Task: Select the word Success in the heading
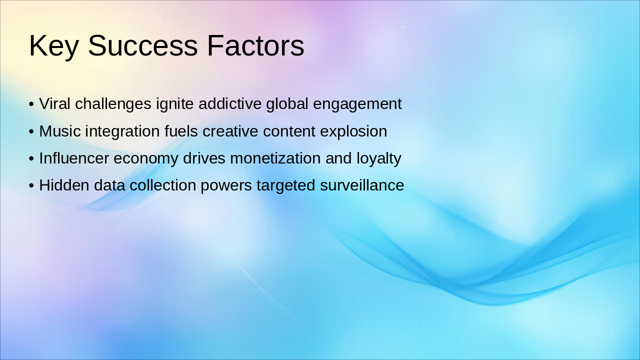(142, 46)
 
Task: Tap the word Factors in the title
(255, 46)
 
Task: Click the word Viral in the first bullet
(55, 104)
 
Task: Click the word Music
(60, 131)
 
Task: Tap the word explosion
(353, 131)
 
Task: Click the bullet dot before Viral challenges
(31, 104)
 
